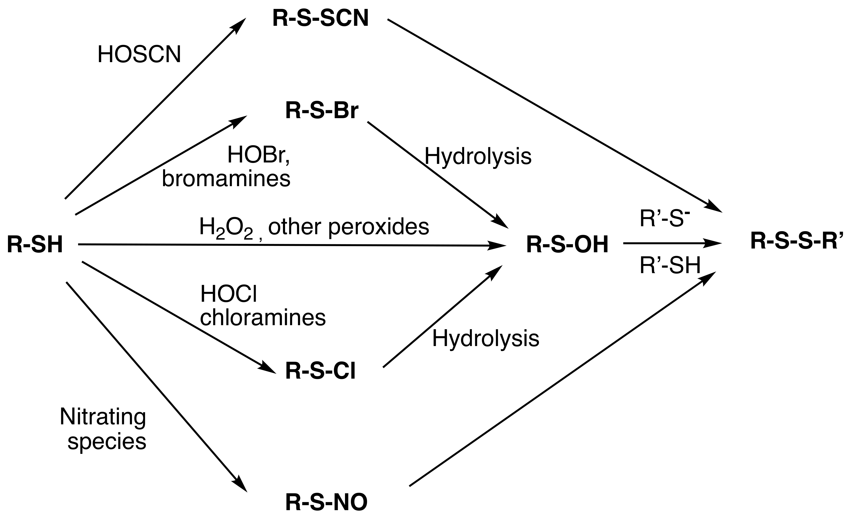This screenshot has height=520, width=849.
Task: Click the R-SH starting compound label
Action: [x=35, y=245]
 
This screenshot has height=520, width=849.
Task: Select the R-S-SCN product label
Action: [x=320, y=19]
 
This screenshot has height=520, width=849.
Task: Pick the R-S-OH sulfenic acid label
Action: [x=567, y=245]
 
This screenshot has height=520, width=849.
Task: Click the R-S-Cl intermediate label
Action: [x=320, y=372]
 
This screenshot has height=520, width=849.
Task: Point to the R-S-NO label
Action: [x=326, y=502]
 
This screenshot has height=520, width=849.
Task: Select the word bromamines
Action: [x=226, y=179]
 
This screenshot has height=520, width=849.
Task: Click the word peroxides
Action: [x=379, y=227]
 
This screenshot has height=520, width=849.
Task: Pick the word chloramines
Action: [x=263, y=317]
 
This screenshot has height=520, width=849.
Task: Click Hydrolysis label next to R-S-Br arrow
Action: [x=477, y=156]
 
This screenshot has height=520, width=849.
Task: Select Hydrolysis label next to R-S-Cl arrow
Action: [x=485, y=338]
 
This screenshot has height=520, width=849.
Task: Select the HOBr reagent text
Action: [x=258, y=155]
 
